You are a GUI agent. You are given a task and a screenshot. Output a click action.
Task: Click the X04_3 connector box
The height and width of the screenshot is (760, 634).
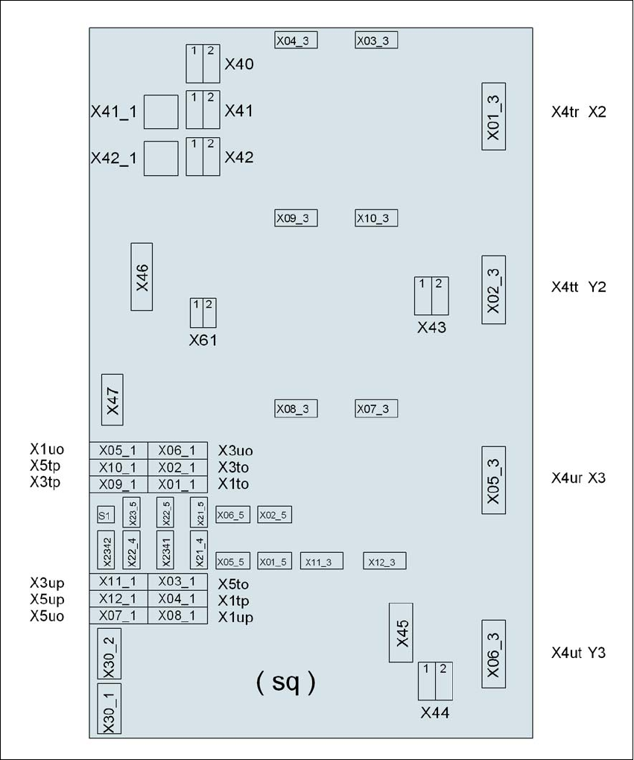(296, 40)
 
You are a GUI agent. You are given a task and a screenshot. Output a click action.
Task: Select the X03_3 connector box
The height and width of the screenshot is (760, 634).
(376, 40)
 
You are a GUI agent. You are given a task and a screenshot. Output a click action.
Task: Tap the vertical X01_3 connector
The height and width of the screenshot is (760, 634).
(493, 116)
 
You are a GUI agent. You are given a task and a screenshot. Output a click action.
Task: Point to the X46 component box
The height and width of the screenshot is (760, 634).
(142, 276)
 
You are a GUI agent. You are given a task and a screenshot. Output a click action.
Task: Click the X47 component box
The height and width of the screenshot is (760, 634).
(112, 400)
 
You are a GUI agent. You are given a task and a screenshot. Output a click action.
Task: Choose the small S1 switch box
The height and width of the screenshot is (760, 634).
(106, 515)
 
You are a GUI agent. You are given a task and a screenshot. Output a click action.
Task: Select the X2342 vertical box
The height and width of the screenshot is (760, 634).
(106, 550)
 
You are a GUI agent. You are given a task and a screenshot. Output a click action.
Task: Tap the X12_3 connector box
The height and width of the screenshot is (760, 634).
(385, 561)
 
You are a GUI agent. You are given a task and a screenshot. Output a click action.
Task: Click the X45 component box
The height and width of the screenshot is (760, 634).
(401, 633)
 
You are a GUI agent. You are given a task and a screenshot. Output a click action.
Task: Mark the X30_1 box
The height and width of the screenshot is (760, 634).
(109, 709)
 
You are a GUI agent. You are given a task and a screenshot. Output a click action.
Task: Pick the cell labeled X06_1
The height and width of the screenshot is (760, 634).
(177, 451)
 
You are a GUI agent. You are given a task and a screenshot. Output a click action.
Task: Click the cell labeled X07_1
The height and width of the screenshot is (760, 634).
(118, 615)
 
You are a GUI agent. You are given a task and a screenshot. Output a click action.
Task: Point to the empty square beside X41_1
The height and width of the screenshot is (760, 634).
(161, 112)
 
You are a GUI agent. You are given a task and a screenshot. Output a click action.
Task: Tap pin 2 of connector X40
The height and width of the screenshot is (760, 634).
(212, 63)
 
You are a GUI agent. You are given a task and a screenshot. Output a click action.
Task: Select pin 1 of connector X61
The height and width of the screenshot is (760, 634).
(196, 313)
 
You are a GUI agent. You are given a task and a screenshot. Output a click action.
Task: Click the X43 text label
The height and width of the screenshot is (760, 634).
(431, 328)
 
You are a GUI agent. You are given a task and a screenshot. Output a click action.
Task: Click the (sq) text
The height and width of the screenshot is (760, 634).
(285, 682)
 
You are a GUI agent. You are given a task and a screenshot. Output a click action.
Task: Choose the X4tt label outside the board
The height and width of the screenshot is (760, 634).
(565, 287)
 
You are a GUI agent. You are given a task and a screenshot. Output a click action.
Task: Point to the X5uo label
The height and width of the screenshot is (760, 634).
(47, 616)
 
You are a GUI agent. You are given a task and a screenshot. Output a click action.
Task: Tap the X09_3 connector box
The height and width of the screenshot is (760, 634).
(296, 218)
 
